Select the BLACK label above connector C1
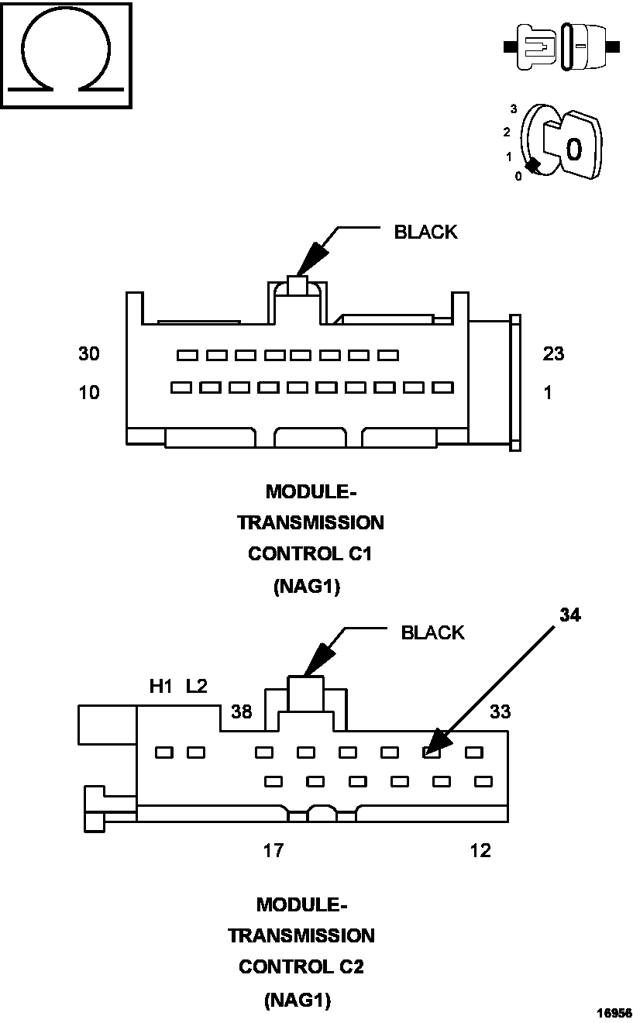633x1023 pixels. [x=425, y=232]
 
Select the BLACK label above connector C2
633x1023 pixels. [x=432, y=632]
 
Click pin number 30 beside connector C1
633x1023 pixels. [x=89, y=354]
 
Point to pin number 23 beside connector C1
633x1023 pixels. [x=553, y=354]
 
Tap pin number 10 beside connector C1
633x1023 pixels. [x=89, y=393]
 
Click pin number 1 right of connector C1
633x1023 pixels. [x=549, y=393]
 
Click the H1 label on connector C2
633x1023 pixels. [x=160, y=687]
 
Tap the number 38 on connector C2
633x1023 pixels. [x=242, y=711]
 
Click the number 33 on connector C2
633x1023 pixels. [x=501, y=711]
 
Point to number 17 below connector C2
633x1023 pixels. [x=273, y=851]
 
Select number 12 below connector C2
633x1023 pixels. [x=480, y=851]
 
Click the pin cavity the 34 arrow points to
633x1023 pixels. [x=432, y=752]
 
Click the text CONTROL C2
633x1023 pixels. [x=301, y=967]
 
